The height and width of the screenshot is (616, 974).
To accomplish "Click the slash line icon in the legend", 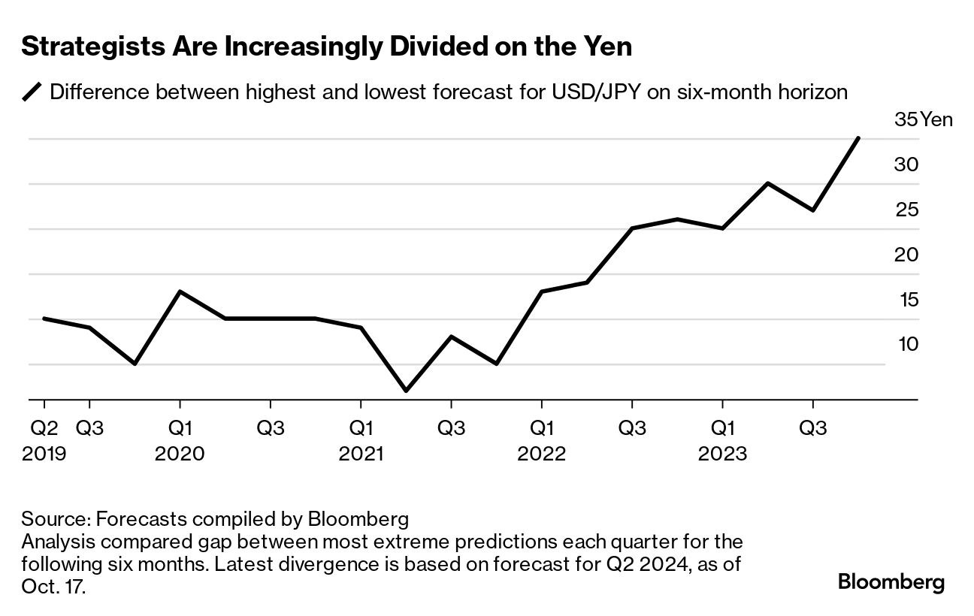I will click(x=32, y=93).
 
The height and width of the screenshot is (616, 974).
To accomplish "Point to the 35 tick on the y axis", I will click(x=906, y=119).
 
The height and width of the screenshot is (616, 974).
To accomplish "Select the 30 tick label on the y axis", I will click(x=906, y=165).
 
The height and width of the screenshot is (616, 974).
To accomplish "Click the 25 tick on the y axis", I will click(x=906, y=210).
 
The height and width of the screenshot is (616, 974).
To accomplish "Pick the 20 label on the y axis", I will click(x=906, y=255).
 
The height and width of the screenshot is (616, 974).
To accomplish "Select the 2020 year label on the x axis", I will click(x=180, y=454).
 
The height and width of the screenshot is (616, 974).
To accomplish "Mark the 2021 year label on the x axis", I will click(x=361, y=454).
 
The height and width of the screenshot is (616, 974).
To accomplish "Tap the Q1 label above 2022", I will click(x=542, y=428).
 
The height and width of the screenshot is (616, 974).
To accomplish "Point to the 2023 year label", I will click(x=723, y=454).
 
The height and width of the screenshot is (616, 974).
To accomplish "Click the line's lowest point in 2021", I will click(x=407, y=391).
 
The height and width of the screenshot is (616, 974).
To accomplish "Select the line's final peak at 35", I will click(x=858, y=138).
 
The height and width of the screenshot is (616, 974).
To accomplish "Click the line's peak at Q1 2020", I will click(x=180, y=291).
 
